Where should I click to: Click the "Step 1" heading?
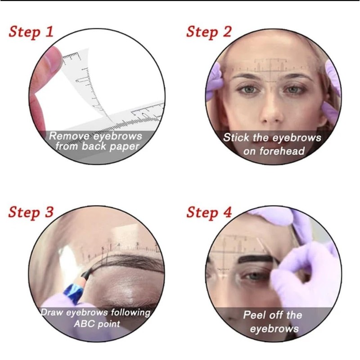[x=31, y=32]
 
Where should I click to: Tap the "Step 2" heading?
[x=209, y=32]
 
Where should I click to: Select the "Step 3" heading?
[x=31, y=212]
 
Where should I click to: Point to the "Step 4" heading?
[x=209, y=212]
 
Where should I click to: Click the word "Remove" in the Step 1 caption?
[x=68, y=136]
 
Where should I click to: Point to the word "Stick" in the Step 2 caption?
[x=236, y=138]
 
